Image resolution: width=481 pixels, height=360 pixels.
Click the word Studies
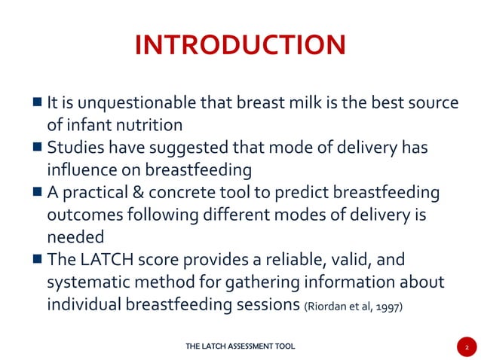tap(73, 148)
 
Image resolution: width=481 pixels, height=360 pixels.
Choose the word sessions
tap(271, 305)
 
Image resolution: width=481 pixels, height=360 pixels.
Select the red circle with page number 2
tap(467, 347)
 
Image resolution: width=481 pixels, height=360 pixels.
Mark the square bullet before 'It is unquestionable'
tap(37, 102)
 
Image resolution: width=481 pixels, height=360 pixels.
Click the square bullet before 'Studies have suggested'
tap(37, 148)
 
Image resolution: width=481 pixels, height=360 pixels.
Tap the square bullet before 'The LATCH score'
tap(37, 260)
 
